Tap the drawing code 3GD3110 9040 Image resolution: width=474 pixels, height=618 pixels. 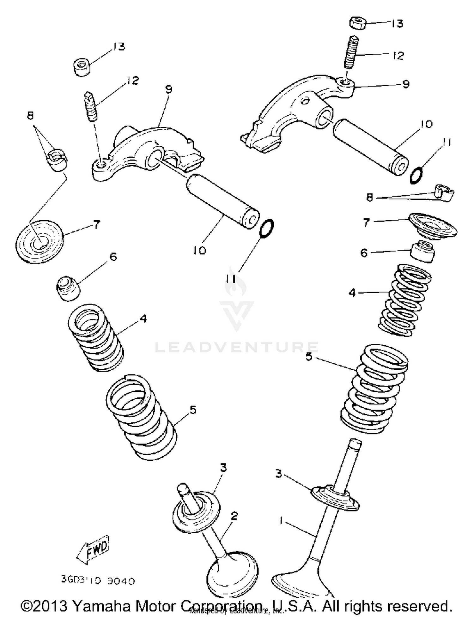click(98, 580)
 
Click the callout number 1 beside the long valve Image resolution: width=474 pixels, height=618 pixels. click(281, 520)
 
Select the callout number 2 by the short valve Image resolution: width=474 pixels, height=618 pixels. click(234, 516)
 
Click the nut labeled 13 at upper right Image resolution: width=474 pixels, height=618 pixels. click(358, 23)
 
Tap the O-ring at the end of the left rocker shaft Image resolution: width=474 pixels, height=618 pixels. click(266, 227)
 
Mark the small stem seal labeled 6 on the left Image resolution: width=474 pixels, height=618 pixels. click(68, 288)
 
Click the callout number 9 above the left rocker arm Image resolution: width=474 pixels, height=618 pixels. click(169, 90)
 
